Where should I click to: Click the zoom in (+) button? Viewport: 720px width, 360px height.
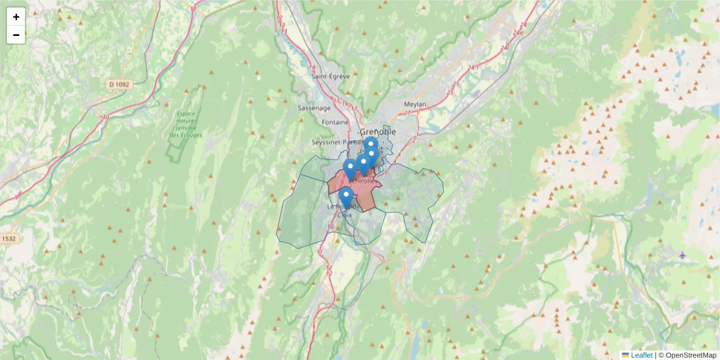coord(16,17)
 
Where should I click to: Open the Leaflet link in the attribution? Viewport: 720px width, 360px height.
coord(641,355)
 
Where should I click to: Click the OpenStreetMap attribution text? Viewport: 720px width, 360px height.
coord(691,355)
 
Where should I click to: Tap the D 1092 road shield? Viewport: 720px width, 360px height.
coord(119,85)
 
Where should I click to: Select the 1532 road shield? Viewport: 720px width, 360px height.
coord(8,238)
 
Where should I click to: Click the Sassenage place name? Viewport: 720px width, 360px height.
coord(314,109)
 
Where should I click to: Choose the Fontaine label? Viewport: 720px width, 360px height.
coord(335,122)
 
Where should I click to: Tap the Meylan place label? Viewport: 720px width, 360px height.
coord(415,104)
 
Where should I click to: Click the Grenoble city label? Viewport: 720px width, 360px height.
coord(378,131)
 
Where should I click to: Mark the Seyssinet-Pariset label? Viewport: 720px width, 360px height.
coord(333,142)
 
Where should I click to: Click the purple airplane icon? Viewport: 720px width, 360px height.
coord(682,255)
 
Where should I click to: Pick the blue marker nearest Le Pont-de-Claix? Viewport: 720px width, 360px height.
coord(346,197)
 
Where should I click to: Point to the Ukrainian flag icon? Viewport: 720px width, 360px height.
coord(625,355)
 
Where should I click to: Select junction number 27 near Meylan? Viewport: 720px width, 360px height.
coord(408,112)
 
